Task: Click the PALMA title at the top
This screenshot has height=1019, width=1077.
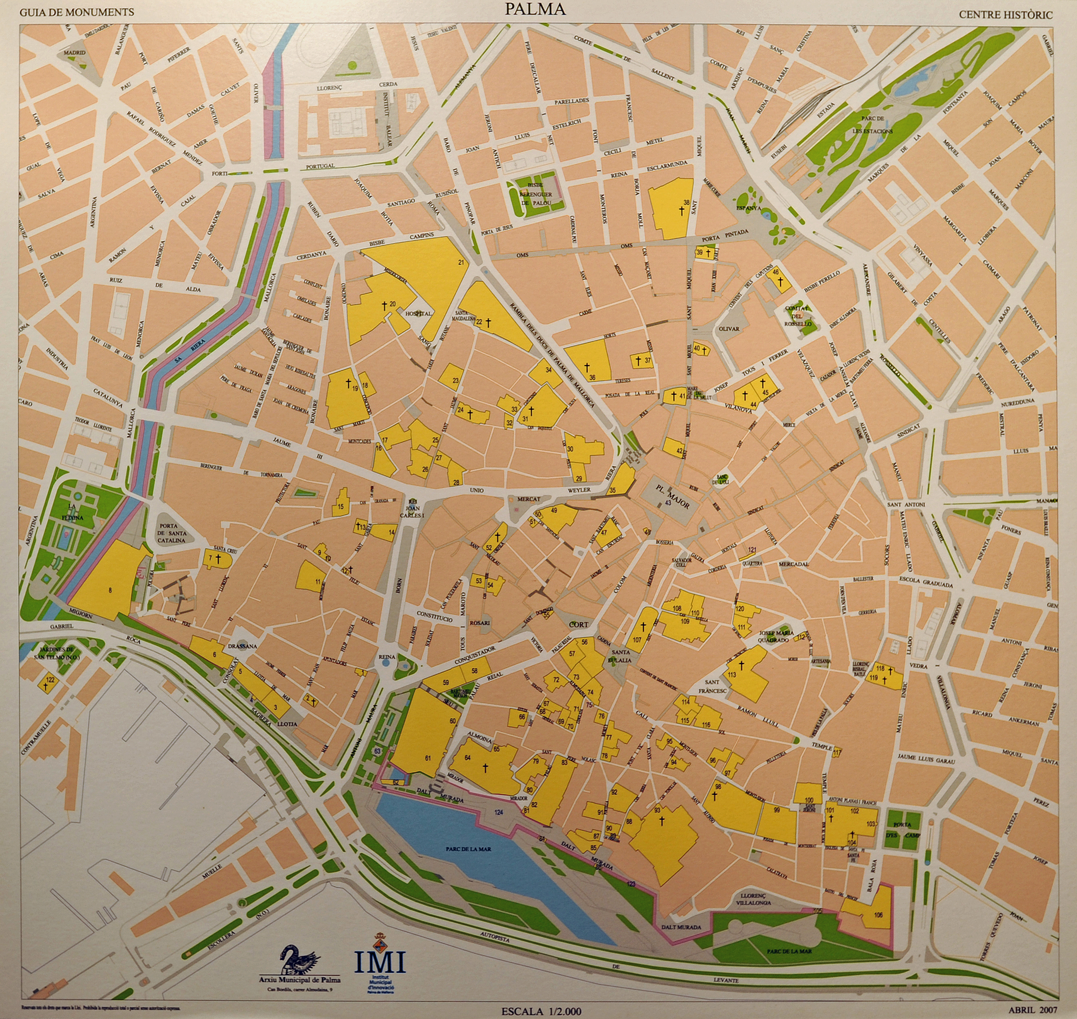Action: (535, 9)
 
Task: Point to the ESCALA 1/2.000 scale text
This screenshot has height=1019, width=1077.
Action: (541, 1011)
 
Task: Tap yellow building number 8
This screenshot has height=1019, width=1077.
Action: (110, 590)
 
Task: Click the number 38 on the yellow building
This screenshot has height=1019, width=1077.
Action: (686, 203)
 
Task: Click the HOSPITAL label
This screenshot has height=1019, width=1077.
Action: (418, 314)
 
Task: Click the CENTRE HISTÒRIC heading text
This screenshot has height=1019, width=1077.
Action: (1005, 15)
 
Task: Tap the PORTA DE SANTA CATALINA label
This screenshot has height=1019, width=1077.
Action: (172, 533)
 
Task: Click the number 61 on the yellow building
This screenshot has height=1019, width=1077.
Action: (428, 758)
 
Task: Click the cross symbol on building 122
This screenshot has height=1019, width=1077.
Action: (46, 687)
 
